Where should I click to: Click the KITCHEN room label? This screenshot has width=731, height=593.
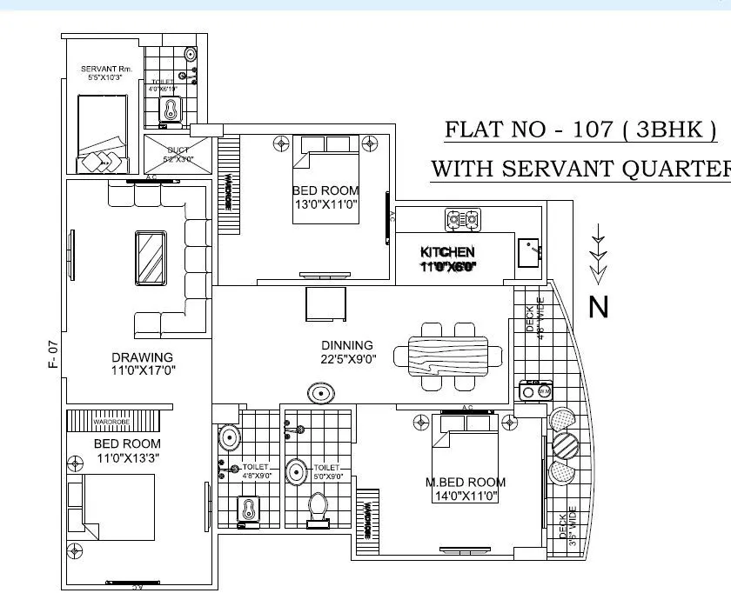(x=447, y=252)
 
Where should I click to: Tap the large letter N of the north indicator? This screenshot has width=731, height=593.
(x=599, y=307)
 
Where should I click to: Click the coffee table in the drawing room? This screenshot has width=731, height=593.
(x=151, y=258)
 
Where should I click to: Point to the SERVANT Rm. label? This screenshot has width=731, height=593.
(x=104, y=69)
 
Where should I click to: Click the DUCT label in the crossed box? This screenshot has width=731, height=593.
(x=178, y=150)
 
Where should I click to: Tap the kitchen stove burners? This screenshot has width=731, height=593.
(x=462, y=219)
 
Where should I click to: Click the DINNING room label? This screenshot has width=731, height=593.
(x=346, y=345)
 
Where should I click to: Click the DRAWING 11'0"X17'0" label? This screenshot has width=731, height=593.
(x=142, y=363)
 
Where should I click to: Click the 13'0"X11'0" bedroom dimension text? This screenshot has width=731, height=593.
(x=325, y=204)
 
